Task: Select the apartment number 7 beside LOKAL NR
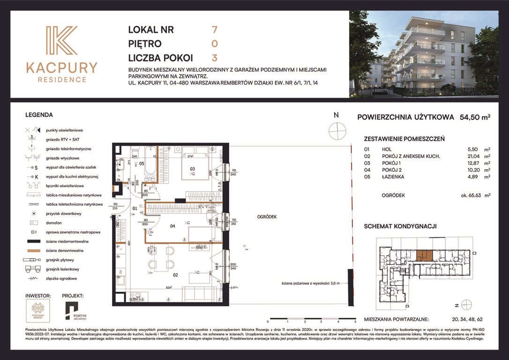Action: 215,30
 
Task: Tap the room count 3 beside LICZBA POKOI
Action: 215,58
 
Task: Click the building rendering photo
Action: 423,54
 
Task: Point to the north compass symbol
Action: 337,130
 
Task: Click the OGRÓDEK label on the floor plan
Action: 268,217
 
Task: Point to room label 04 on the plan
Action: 172,226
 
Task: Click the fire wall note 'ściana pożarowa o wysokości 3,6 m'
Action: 311,283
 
